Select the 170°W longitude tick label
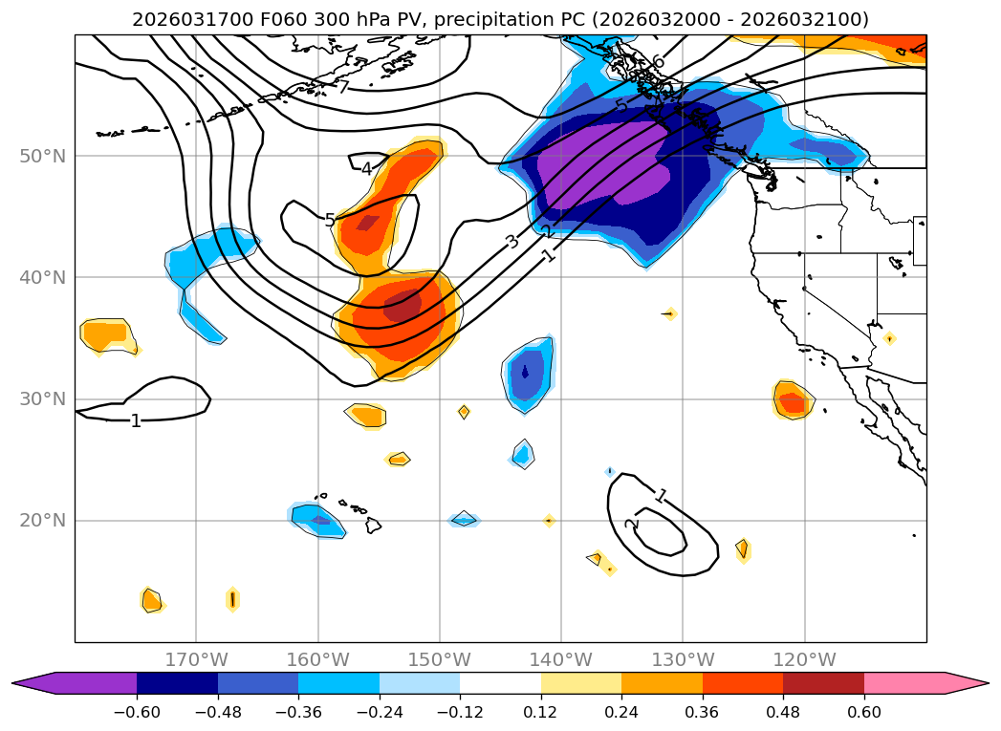[x=196, y=659]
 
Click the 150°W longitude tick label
[x=440, y=659]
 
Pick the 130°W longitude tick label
[x=683, y=659]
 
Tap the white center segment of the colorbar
[x=500, y=682]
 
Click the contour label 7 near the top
[x=342, y=88]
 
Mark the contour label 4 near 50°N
[x=366, y=169]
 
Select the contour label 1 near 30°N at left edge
[x=136, y=420]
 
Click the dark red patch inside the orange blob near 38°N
[x=402, y=307]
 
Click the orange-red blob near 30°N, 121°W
[x=792, y=399]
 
